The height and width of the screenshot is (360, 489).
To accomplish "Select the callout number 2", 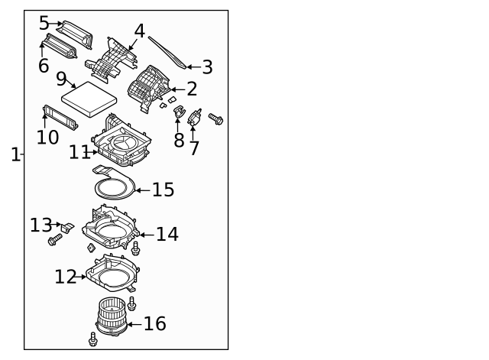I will tap(192, 89).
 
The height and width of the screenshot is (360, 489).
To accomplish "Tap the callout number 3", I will tap(206, 67).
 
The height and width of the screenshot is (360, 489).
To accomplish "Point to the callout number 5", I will tap(44, 24).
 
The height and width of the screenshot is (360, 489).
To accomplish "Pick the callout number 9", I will tap(62, 79).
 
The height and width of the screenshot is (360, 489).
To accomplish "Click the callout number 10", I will tap(47, 137).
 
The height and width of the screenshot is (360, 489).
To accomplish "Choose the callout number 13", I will tap(40, 225).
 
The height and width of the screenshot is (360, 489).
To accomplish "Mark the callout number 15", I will tap(163, 190).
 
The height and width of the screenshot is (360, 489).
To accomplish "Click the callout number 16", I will tap(154, 324).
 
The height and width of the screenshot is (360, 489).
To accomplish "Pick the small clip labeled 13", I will tap(68, 227).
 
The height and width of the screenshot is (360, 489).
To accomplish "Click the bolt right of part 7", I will tap(215, 118).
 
